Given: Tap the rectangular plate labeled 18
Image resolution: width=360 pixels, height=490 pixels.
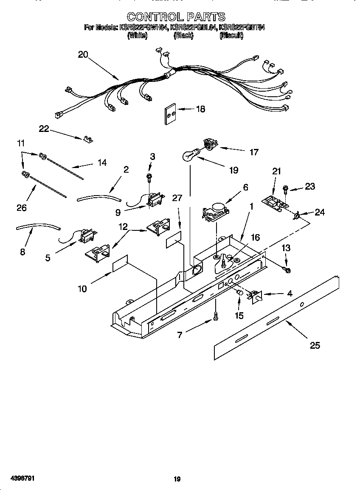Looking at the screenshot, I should (x=170, y=113).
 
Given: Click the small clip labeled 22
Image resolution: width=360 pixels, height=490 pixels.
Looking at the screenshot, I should (x=88, y=139).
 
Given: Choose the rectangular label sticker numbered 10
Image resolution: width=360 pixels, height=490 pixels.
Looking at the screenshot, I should (x=120, y=264).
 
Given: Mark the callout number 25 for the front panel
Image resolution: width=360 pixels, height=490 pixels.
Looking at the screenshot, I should (x=315, y=345).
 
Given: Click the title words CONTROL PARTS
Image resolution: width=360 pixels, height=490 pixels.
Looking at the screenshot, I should (x=176, y=17).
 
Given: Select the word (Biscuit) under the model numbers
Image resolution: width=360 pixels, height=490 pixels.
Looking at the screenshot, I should (x=231, y=36).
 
